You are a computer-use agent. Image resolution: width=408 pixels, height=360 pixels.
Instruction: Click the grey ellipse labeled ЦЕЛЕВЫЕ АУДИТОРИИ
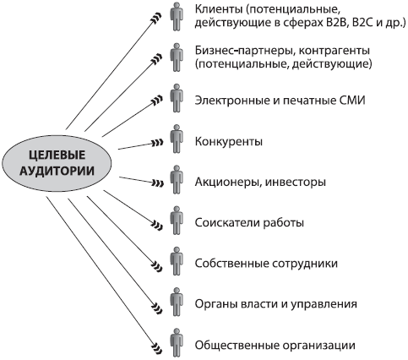click(57, 163)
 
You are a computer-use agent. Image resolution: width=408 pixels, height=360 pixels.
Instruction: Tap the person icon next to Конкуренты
click(177, 139)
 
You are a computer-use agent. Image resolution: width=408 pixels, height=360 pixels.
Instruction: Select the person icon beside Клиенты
click(177, 16)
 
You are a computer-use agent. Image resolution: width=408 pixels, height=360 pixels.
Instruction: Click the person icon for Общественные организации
click(177, 343)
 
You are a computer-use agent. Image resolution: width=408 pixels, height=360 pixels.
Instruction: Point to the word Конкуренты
click(228, 141)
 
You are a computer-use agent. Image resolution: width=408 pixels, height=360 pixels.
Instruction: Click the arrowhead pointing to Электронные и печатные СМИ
click(157, 100)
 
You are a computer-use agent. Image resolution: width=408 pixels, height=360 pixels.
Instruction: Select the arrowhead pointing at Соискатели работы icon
click(157, 226)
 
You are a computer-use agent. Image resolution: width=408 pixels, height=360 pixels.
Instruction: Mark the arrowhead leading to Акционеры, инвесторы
click(157, 183)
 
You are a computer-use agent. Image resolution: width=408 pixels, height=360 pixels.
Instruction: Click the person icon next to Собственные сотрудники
click(177, 261)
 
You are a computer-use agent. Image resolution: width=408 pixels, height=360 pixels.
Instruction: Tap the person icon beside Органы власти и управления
click(177, 302)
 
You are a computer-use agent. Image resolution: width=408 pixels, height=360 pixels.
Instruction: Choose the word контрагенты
click(334, 52)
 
